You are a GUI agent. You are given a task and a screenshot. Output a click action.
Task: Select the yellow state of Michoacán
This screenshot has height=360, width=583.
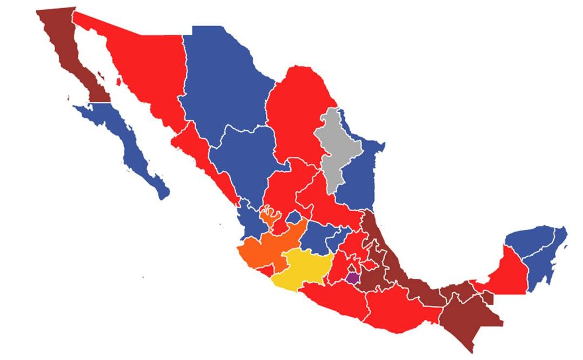click(300, 268)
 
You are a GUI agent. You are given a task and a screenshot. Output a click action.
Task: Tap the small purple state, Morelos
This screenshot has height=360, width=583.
click(353, 278)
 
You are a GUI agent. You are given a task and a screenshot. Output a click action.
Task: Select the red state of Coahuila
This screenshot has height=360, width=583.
click(297, 114)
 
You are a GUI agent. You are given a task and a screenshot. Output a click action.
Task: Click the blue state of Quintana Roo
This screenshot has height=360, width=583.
click(543, 265)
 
